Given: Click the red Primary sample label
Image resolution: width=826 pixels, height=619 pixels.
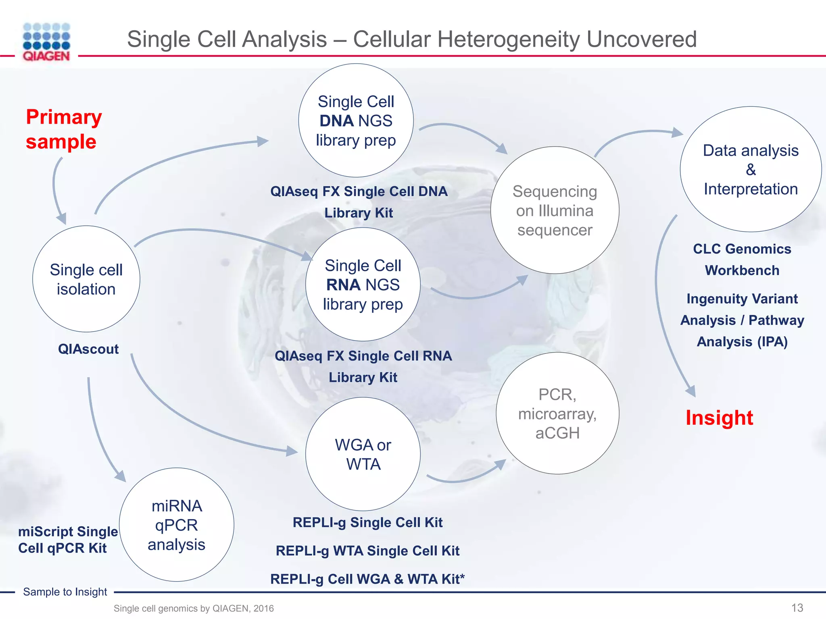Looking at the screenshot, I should pyautogui.click(x=63, y=129).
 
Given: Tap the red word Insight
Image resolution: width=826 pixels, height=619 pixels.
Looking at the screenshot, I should pyautogui.click(x=719, y=418).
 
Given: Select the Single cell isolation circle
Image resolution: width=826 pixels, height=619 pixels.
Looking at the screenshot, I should pyautogui.click(x=86, y=279).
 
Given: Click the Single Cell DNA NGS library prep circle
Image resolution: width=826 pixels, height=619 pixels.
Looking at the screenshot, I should pyautogui.click(x=356, y=120).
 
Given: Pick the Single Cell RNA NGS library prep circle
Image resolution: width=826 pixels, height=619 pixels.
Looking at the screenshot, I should pyautogui.click(x=363, y=285).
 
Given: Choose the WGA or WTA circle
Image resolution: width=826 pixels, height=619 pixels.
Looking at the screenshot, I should pyautogui.click(x=363, y=454).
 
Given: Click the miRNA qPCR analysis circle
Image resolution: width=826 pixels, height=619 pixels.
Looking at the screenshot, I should pyautogui.click(x=176, y=525).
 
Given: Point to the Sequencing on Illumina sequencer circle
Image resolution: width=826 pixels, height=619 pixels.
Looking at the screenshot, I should pyautogui.click(x=555, y=210).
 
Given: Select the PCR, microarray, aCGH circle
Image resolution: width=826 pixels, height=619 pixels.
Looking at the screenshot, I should pyautogui.click(x=557, y=413).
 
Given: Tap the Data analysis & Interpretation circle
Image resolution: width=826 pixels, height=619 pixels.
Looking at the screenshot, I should pyautogui.click(x=750, y=170).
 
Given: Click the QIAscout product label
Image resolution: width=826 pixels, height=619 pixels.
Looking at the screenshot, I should pyautogui.click(x=88, y=349).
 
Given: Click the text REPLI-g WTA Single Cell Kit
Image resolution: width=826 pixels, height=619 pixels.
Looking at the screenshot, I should pyautogui.click(x=367, y=550).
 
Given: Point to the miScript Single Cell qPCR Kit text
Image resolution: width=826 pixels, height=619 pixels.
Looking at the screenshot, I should pyautogui.click(x=67, y=540).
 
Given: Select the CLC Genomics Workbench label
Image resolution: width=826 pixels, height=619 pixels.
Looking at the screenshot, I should pyautogui.click(x=742, y=260).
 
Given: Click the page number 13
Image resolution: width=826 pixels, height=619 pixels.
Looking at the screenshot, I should pyautogui.click(x=797, y=608).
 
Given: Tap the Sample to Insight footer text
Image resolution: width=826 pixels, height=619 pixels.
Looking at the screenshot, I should pyautogui.click(x=65, y=592).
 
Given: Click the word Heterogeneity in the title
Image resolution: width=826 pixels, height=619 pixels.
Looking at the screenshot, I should pyautogui.click(x=508, y=39).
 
